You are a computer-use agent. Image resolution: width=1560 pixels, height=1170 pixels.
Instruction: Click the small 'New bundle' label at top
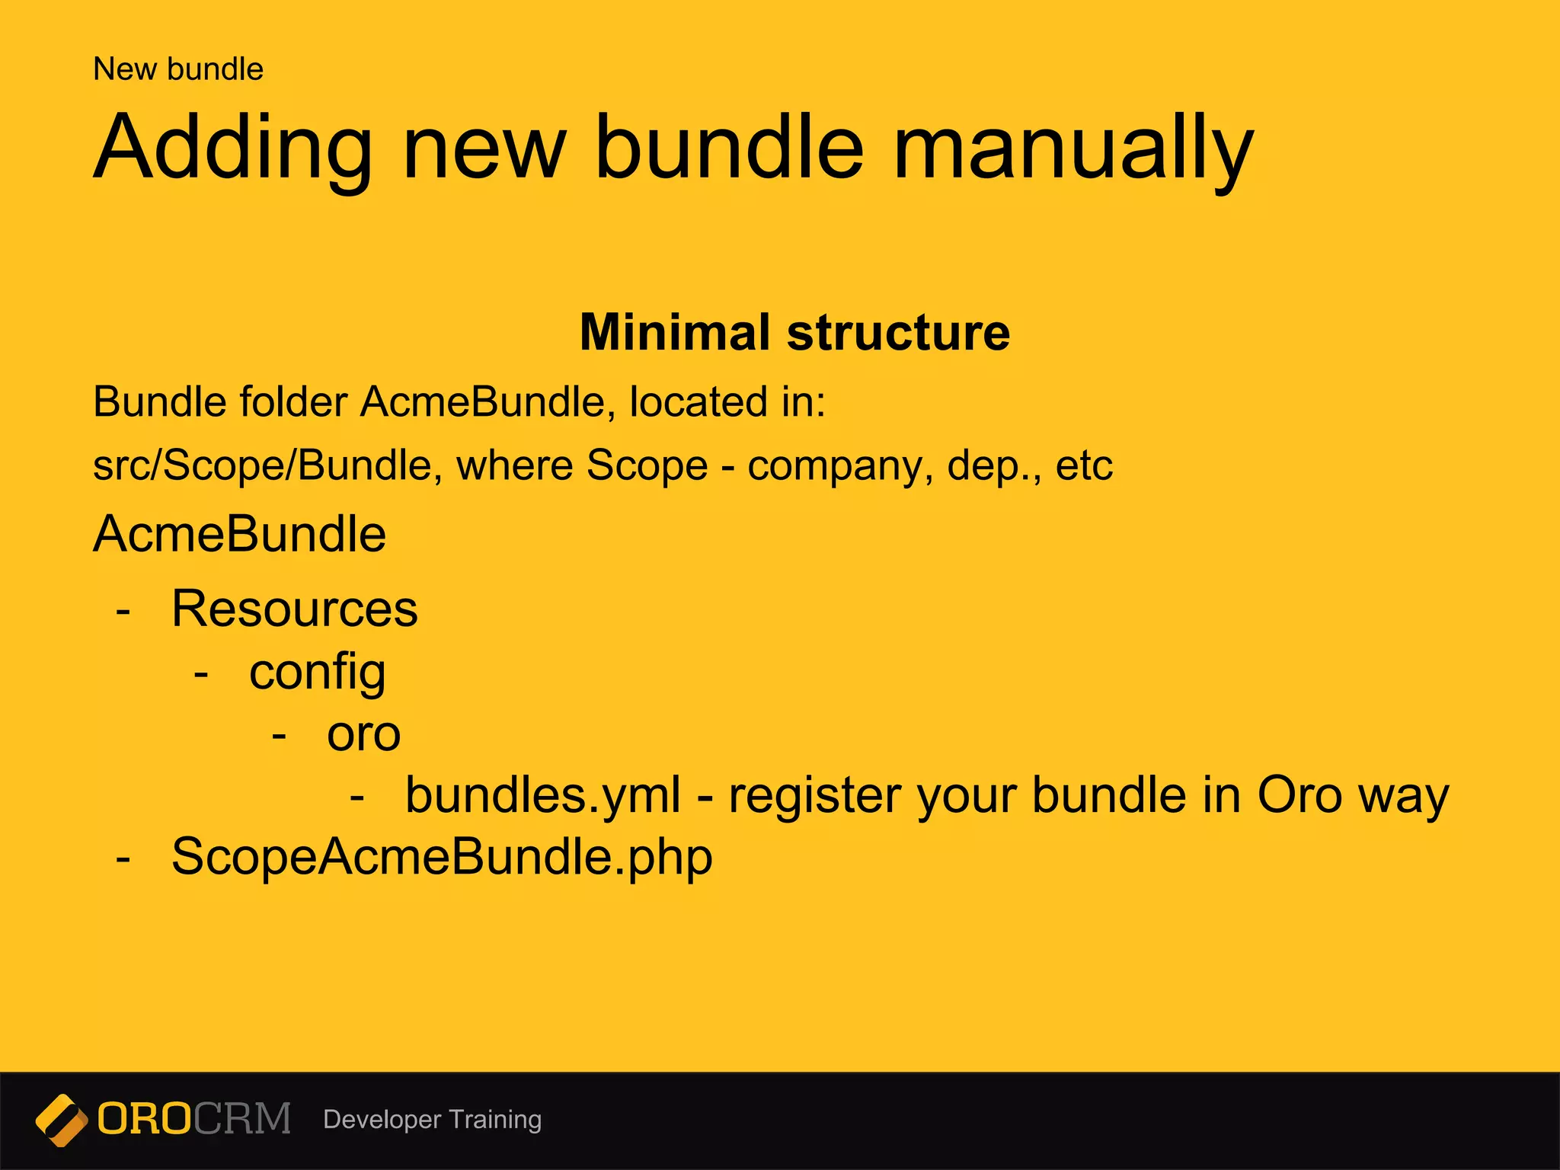(x=177, y=69)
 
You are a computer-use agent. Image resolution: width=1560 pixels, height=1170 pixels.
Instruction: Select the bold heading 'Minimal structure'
(x=794, y=332)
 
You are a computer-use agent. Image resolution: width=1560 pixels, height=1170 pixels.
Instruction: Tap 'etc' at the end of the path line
(x=1083, y=465)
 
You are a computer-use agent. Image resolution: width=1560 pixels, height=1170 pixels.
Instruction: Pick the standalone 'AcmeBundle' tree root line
(x=239, y=533)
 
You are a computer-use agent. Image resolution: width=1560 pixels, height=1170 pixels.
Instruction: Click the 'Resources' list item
(x=295, y=609)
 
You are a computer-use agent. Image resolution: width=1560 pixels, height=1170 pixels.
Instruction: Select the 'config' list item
(x=317, y=673)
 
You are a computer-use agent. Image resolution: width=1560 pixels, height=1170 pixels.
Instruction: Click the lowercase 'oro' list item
(x=363, y=735)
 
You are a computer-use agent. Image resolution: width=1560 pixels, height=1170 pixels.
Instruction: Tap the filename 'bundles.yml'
(x=542, y=795)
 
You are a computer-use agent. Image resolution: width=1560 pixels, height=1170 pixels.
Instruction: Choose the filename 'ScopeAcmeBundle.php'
(x=442, y=857)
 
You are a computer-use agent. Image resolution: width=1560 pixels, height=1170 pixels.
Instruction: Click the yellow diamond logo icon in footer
(x=62, y=1120)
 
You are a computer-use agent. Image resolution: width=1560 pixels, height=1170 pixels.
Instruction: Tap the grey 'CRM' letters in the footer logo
(x=242, y=1119)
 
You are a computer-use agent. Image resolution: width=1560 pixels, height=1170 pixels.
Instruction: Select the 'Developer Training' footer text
(x=432, y=1120)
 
